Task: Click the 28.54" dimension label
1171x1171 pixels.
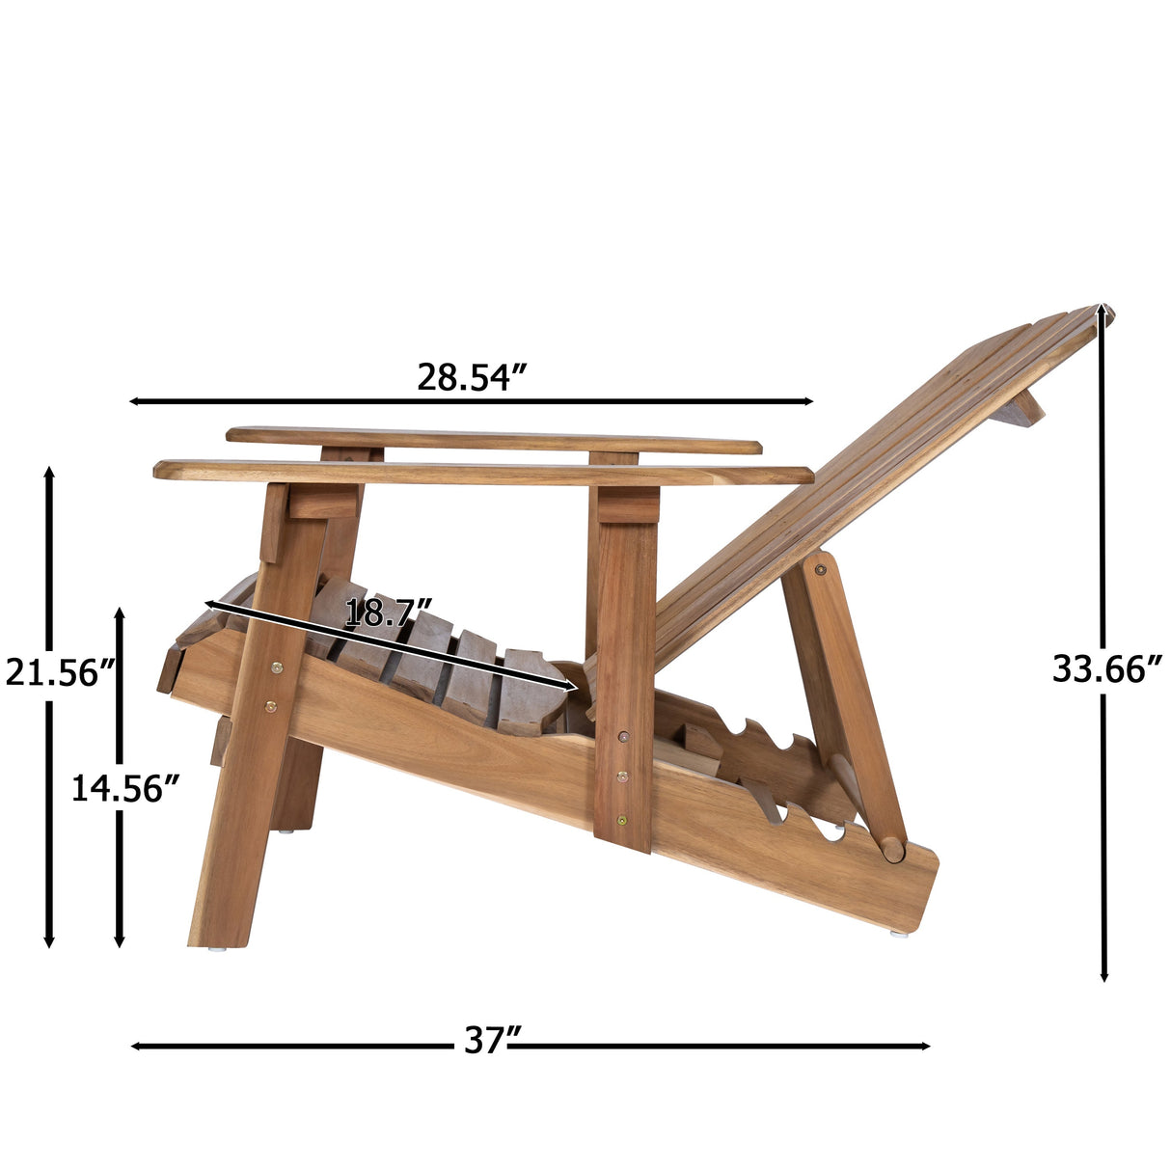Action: click(472, 377)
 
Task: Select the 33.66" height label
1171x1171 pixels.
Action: click(1106, 668)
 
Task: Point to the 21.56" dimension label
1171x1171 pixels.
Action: click(60, 672)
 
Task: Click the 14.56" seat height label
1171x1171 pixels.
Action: click(125, 789)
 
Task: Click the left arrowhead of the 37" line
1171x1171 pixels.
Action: click(135, 1046)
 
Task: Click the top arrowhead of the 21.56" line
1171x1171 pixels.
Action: click(49, 473)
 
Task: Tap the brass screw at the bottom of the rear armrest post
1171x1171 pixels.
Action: click(622, 821)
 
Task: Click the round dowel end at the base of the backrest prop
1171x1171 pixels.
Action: click(893, 850)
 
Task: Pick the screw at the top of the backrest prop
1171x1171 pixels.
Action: click(820, 570)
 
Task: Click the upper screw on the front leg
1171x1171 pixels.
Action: click(278, 667)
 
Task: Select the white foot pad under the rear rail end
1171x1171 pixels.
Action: click(899, 933)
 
